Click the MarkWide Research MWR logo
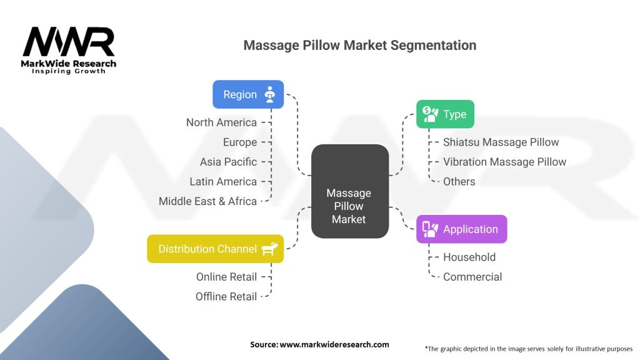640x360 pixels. click(69, 49)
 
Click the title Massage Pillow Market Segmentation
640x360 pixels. click(359, 45)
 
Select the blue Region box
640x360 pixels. click(248, 94)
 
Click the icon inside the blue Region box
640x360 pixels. click(270, 94)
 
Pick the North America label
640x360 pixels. click(221, 122)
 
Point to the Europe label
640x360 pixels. click(240, 142)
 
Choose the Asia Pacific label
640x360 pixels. click(228, 161)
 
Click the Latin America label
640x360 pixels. click(223, 181)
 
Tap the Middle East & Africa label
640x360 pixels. click(207, 201)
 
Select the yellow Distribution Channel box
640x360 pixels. click(215, 249)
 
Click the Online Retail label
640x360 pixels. click(226, 276)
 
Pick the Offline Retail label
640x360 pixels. click(226, 296)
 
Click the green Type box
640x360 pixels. click(445, 114)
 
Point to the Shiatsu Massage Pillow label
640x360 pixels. click(501, 142)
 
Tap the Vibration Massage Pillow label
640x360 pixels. click(504, 162)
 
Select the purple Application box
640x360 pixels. click(461, 229)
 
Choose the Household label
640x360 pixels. click(469, 257)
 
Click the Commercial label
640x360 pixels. click(472, 277)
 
